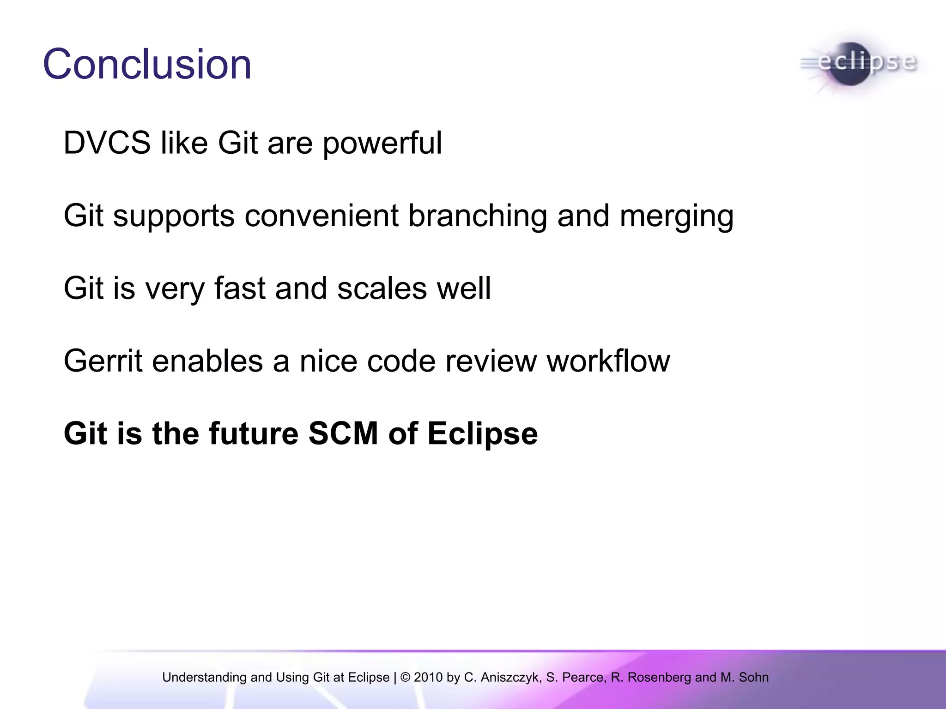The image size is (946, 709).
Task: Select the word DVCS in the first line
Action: click(107, 143)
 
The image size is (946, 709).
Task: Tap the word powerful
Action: click(382, 144)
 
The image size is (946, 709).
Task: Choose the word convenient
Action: click(321, 216)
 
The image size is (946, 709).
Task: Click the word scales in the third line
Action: click(382, 288)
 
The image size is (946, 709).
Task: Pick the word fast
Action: click(240, 288)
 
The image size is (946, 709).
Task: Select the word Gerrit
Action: click(103, 361)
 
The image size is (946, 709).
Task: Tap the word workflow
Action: click(608, 361)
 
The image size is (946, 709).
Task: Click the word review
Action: click(491, 361)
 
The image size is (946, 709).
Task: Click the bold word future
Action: click(254, 433)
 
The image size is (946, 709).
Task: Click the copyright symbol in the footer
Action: click(405, 677)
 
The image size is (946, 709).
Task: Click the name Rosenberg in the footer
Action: click(659, 677)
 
